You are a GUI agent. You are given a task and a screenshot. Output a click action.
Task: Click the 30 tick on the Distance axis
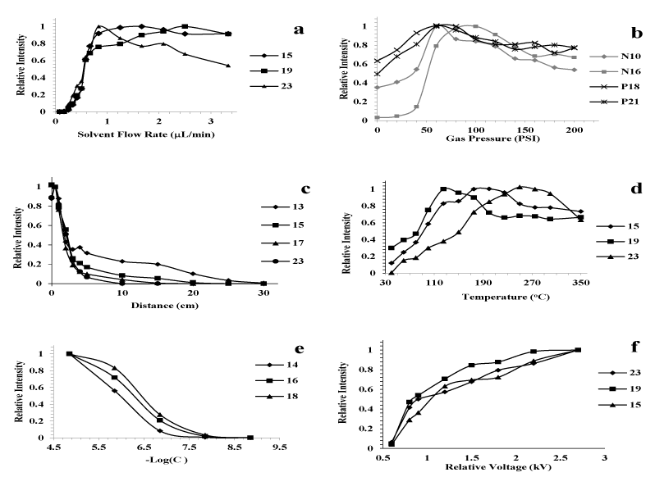pos(263,293)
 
